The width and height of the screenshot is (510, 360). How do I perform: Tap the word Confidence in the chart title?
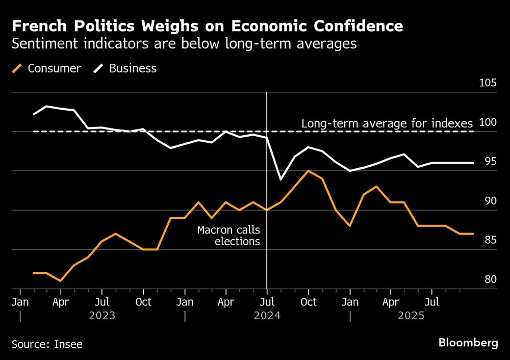356,27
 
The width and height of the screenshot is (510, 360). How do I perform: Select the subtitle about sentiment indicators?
184,44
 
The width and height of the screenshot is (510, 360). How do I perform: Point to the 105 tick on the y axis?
488,84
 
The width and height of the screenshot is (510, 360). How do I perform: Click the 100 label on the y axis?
488,123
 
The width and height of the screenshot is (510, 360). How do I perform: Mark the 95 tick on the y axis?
490,162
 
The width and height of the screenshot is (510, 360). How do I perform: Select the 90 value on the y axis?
490,201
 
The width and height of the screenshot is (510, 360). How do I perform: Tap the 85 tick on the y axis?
490,241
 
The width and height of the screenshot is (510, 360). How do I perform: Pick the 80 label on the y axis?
490,280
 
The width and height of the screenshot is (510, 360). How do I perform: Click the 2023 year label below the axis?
102,316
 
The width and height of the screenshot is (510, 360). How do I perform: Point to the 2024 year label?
267,316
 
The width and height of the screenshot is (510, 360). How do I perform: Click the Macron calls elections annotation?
228,236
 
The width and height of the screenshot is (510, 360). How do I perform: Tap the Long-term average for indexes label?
387,123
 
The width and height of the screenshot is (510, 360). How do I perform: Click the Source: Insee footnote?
47,344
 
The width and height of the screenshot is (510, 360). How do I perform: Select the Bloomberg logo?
468,343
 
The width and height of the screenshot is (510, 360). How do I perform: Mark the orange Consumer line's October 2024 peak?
308,170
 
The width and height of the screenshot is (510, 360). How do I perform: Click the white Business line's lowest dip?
280,179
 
